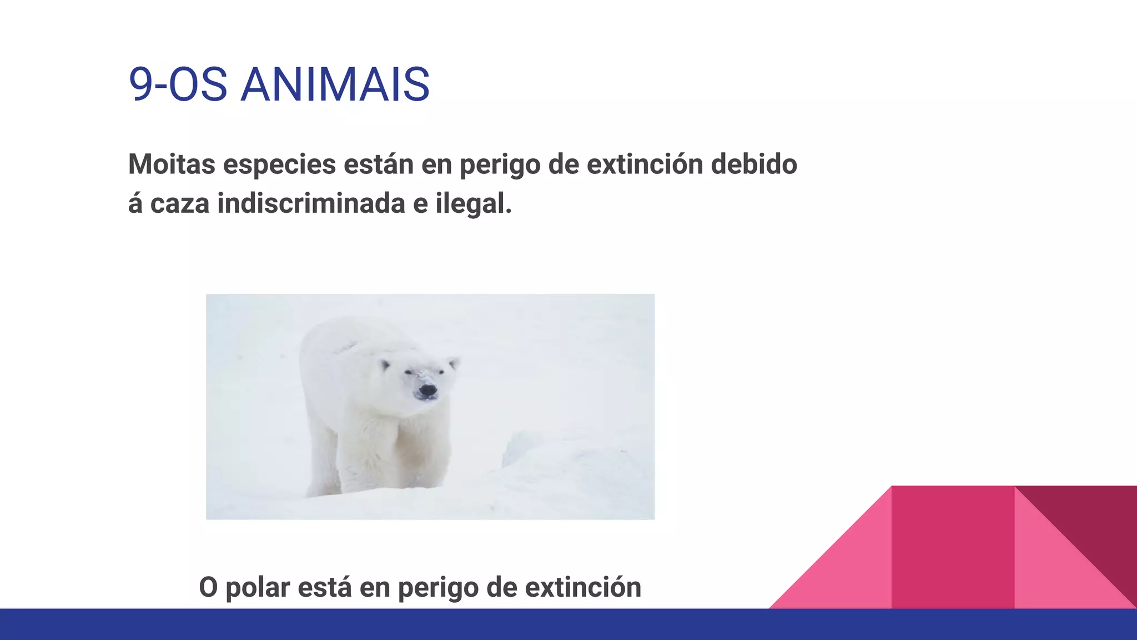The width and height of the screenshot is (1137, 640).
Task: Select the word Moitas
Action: [x=172, y=164]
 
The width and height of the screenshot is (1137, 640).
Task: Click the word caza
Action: [x=180, y=203]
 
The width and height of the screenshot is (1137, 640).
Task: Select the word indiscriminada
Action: [x=311, y=203]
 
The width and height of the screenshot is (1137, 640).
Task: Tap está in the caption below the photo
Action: [x=325, y=587]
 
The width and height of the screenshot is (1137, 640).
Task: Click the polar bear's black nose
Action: [x=427, y=391]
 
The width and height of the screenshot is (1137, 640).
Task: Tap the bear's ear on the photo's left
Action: [x=385, y=365]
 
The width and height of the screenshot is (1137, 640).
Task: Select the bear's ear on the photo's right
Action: [x=454, y=363]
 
